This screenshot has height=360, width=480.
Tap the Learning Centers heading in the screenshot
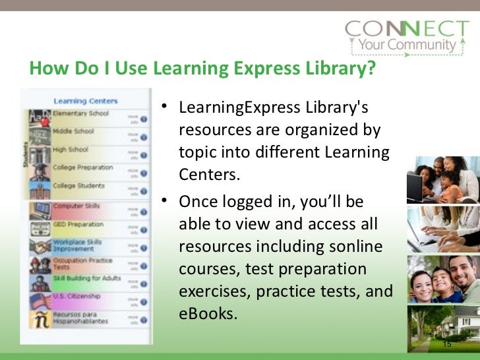point(85,101)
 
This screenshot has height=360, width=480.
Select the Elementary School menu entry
point(81,113)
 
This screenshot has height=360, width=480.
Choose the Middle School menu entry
point(74,131)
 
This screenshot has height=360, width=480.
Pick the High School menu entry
point(70,149)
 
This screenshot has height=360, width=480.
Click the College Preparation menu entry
point(83,167)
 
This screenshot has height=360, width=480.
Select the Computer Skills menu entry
point(76,206)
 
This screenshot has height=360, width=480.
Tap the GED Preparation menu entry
point(78,224)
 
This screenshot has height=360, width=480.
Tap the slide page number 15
point(447,344)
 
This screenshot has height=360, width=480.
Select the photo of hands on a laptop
point(442,227)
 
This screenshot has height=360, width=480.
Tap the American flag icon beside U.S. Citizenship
point(41,301)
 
